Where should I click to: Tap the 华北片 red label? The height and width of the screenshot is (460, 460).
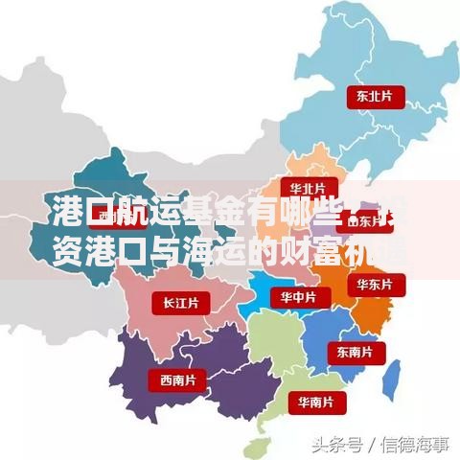[308, 187]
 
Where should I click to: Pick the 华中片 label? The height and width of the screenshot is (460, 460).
[297, 298]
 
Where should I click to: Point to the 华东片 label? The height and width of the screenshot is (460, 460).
[375, 285]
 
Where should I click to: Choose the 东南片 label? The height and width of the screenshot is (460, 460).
[356, 352]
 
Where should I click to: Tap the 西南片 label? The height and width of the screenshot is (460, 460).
[177, 379]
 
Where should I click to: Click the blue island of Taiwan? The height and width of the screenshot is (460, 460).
[392, 379]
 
